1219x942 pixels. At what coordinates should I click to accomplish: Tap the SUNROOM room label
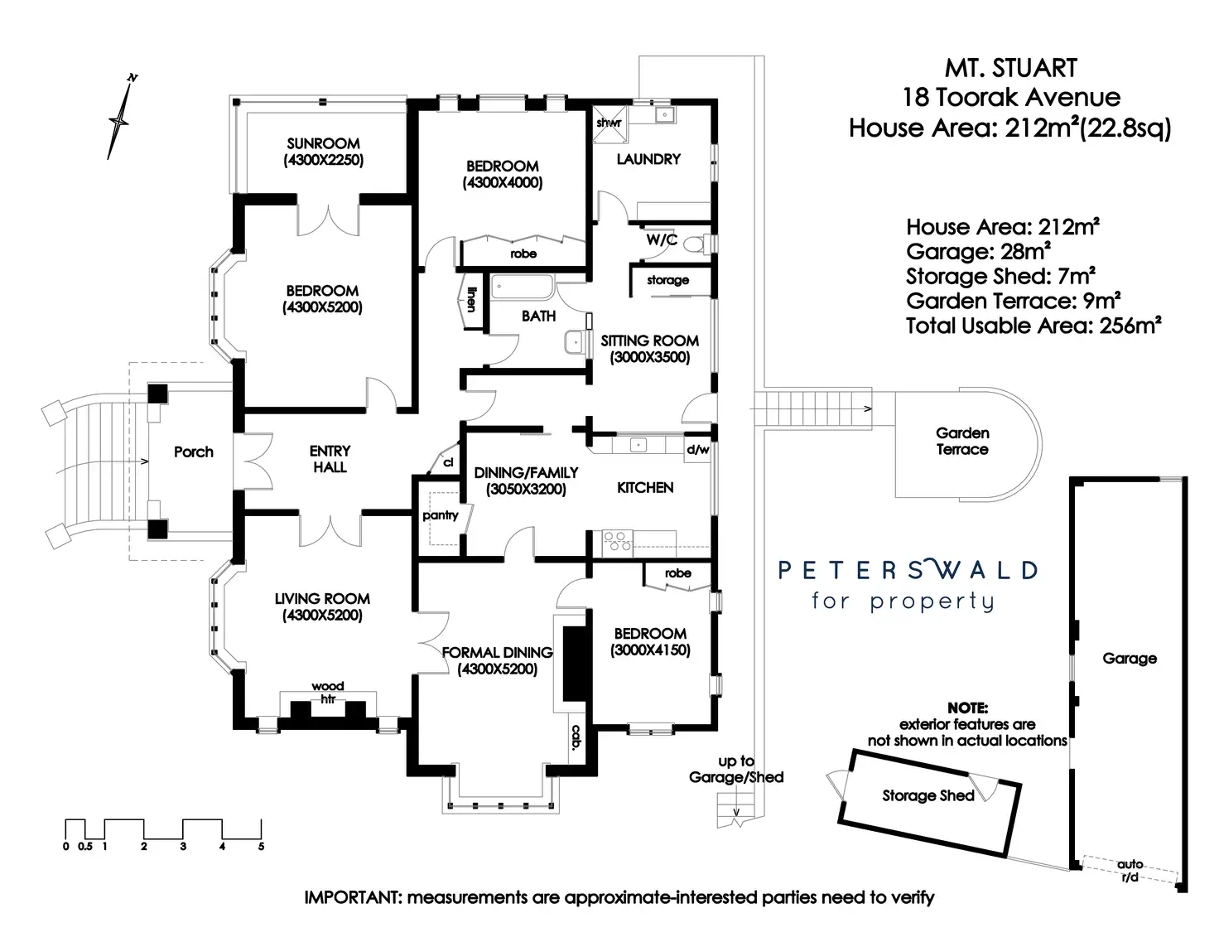[x=323, y=143]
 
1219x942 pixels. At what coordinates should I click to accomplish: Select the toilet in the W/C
[x=696, y=244]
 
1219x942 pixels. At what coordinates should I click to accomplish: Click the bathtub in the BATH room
[x=523, y=287]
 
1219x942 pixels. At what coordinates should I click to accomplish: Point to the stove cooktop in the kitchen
[x=617, y=541]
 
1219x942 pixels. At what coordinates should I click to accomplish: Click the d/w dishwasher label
[x=697, y=450]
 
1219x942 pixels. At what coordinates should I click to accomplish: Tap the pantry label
[x=441, y=515]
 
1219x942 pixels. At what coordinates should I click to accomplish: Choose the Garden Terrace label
[x=962, y=441]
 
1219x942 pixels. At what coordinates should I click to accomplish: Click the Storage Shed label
[x=928, y=795]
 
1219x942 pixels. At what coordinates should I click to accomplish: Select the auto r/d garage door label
[x=1130, y=870]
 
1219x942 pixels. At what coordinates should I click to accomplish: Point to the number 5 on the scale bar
[x=261, y=847]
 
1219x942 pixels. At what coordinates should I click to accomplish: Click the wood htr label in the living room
[x=328, y=693]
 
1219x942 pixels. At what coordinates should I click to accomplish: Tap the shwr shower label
[x=609, y=123]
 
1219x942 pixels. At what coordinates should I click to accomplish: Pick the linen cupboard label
[x=471, y=299]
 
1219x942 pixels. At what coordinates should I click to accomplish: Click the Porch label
[x=194, y=452]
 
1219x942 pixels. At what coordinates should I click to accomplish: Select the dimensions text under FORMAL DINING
[x=498, y=669]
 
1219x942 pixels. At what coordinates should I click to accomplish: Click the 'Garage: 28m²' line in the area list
[x=978, y=251]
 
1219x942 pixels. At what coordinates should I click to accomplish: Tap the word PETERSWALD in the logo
[x=908, y=570]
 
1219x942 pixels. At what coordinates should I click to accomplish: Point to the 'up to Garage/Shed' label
[x=736, y=769]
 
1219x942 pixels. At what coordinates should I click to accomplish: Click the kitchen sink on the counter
[x=638, y=446]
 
